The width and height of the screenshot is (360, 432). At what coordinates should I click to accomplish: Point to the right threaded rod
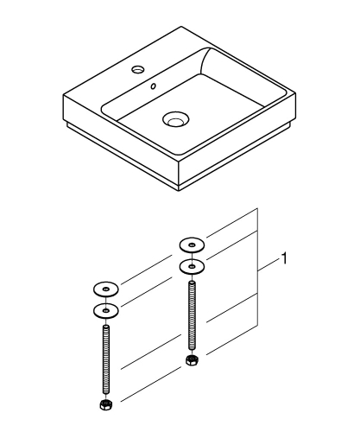(x=190, y=315)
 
